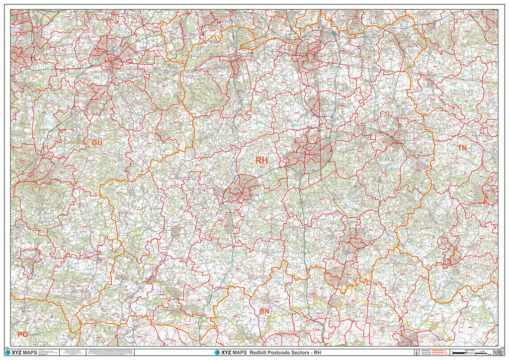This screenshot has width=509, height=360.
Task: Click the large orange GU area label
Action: [97, 143]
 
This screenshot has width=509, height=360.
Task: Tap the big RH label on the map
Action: [261, 161]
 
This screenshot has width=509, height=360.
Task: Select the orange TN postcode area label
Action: [462, 148]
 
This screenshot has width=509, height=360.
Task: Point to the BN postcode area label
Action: [265, 311]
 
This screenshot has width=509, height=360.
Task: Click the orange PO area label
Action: [23, 334]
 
